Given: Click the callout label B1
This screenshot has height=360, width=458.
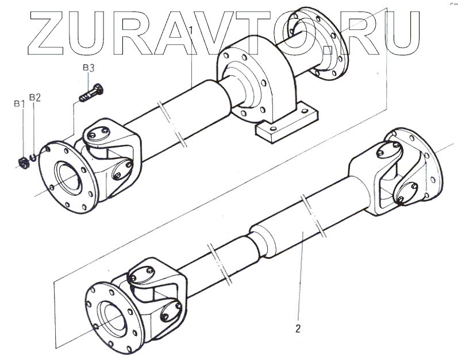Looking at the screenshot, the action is pos(18,103).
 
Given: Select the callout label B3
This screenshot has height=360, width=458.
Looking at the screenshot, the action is pos(88,68).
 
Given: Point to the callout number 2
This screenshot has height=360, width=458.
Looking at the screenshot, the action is pos(298,329).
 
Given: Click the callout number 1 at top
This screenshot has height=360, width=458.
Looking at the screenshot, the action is pos(191,28).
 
